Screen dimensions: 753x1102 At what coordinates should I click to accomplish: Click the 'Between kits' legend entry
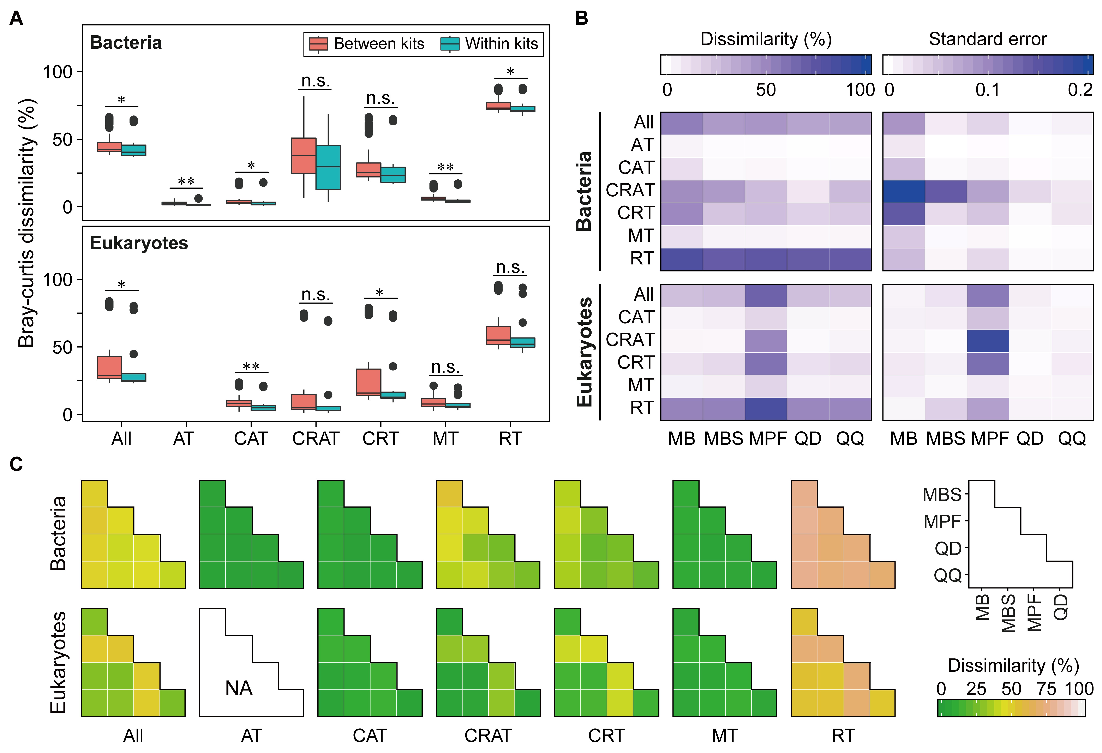pos(378,44)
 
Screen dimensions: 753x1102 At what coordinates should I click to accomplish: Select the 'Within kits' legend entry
pos(501,44)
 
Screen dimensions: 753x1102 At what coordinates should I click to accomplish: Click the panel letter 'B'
pos(581,18)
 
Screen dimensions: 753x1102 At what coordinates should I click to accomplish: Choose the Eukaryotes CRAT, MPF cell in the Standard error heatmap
pos(988,341)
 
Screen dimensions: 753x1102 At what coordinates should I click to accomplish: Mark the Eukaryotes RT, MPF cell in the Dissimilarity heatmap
pos(765,409)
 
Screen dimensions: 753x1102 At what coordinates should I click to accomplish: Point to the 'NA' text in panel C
pos(239,688)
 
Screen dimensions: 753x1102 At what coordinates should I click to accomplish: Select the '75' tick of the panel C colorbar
pos(1046,688)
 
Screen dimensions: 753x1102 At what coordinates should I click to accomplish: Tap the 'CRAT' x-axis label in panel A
pos(315,439)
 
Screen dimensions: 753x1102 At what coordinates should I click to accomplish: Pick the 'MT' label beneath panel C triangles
pos(724,735)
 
